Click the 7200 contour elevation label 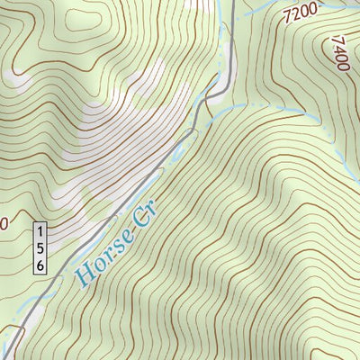click(301, 13)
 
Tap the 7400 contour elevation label click(340, 54)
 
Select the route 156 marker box click(40, 247)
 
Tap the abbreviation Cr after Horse click(140, 216)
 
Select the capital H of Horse click(84, 275)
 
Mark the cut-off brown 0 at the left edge click(4, 222)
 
